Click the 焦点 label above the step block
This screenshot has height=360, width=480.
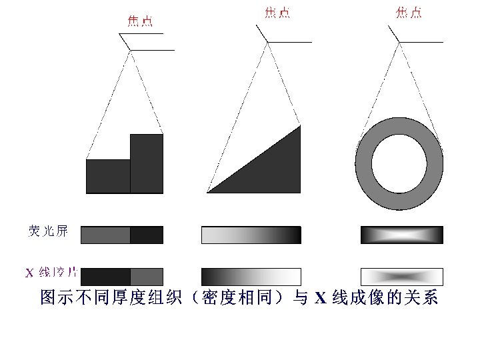click(x=140, y=21)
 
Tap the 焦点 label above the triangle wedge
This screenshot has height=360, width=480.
click(x=277, y=13)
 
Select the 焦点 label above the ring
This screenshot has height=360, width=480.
click(x=409, y=13)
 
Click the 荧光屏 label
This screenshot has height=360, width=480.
click(x=48, y=231)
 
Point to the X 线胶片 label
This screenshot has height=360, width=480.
click(x=51, y=273)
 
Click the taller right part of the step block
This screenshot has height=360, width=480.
click(x=147, y=163)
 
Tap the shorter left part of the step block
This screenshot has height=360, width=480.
click(x=108, y=176)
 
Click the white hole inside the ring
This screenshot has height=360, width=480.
click(x=399, y=163)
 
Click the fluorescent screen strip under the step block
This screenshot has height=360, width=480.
click(x=122, y=235)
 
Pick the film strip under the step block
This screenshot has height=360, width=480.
click(x=122, y=277)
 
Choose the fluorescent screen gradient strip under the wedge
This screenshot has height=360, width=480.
click(x=251, y=235)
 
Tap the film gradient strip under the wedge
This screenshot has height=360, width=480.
click(x=251, y=277)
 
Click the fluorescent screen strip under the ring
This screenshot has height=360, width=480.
click(x=401, y=235)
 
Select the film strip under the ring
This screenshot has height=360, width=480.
click(x=401, y=277)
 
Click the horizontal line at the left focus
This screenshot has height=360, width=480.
click(x=153, y=50)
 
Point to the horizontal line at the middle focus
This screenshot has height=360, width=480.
click(x=290, y=42)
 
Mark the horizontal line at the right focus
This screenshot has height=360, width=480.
click(x=421, y=42)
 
